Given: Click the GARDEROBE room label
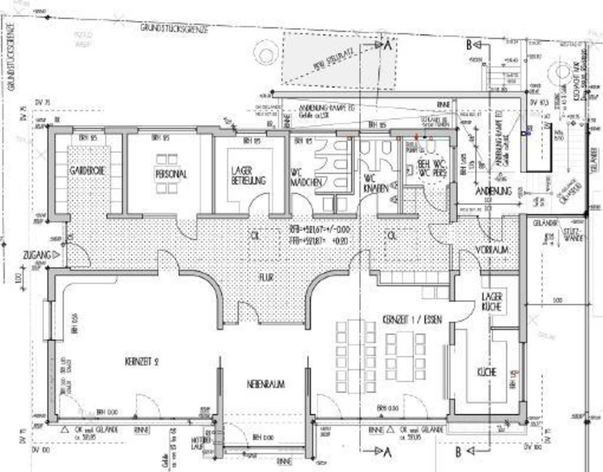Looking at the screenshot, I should point(87,171).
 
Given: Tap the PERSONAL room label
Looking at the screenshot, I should point(171,174).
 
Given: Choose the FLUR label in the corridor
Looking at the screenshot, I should point(266,277).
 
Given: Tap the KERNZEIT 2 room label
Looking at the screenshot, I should point(142,362).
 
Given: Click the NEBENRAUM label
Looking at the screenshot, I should point(266,384).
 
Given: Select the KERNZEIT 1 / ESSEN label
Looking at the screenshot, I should point(412,320).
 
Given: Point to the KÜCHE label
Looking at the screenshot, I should point(487,372).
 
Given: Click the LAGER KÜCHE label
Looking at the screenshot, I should point(492,302).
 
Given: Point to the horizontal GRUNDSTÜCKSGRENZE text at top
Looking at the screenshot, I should point(174,28).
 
